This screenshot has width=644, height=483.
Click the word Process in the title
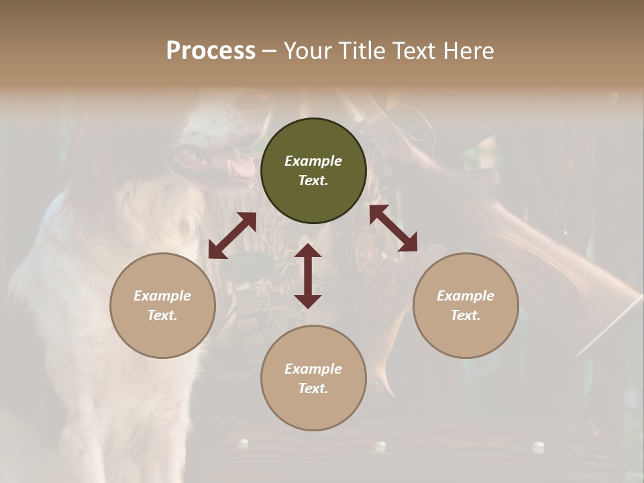[211, 51]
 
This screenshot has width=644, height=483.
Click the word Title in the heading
[361, 51]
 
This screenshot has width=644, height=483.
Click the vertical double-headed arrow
[308, 276]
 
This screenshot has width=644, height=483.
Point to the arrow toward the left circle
[232, 235]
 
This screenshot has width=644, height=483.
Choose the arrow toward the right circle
[393, 228]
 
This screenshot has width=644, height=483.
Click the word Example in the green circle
[313, 161]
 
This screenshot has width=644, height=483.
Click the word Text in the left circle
[162, 315]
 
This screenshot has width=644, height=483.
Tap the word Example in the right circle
[466, 296]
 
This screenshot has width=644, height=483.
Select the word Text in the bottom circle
[313, 388]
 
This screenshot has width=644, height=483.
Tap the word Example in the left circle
[162, 296]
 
